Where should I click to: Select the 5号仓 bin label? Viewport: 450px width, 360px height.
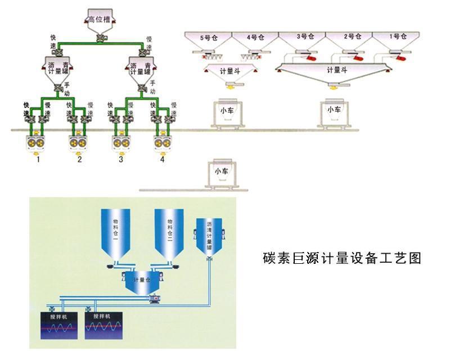click(208, 38)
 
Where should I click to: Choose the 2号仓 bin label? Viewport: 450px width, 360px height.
click(352, 37)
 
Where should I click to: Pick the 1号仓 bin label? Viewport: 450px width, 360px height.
click(398, 37)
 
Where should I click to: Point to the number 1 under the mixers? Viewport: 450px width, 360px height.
click(38, 160)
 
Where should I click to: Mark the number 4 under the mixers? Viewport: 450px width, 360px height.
click(163, 160)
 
